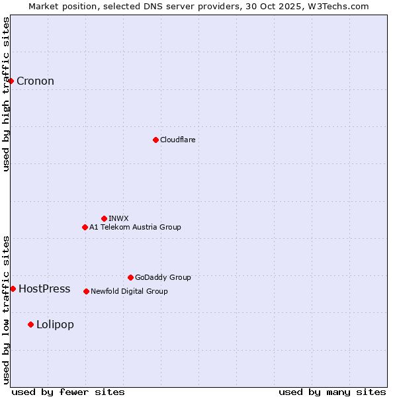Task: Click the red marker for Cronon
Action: (11, 81)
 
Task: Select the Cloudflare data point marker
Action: (155, 140)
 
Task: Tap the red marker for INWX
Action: (104, 218)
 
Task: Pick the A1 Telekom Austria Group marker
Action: (85, 227)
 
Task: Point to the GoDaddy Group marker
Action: (130, 277)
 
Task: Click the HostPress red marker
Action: (13, 288)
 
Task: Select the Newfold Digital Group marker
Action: (86, 291)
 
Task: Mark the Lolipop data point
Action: (30, 324)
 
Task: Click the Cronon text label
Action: (35, 81)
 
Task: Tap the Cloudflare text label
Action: (177, 140)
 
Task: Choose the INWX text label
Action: (118, 218)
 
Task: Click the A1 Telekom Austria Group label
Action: (135, 227)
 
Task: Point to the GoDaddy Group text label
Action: (163, 277)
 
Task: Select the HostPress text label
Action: (44, 288)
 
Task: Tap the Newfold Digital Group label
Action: (129, 291)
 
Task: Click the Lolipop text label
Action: (55, 324)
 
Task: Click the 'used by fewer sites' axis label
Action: (68, 392)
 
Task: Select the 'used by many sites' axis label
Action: (332, 392)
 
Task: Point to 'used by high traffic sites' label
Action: (7, 94)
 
